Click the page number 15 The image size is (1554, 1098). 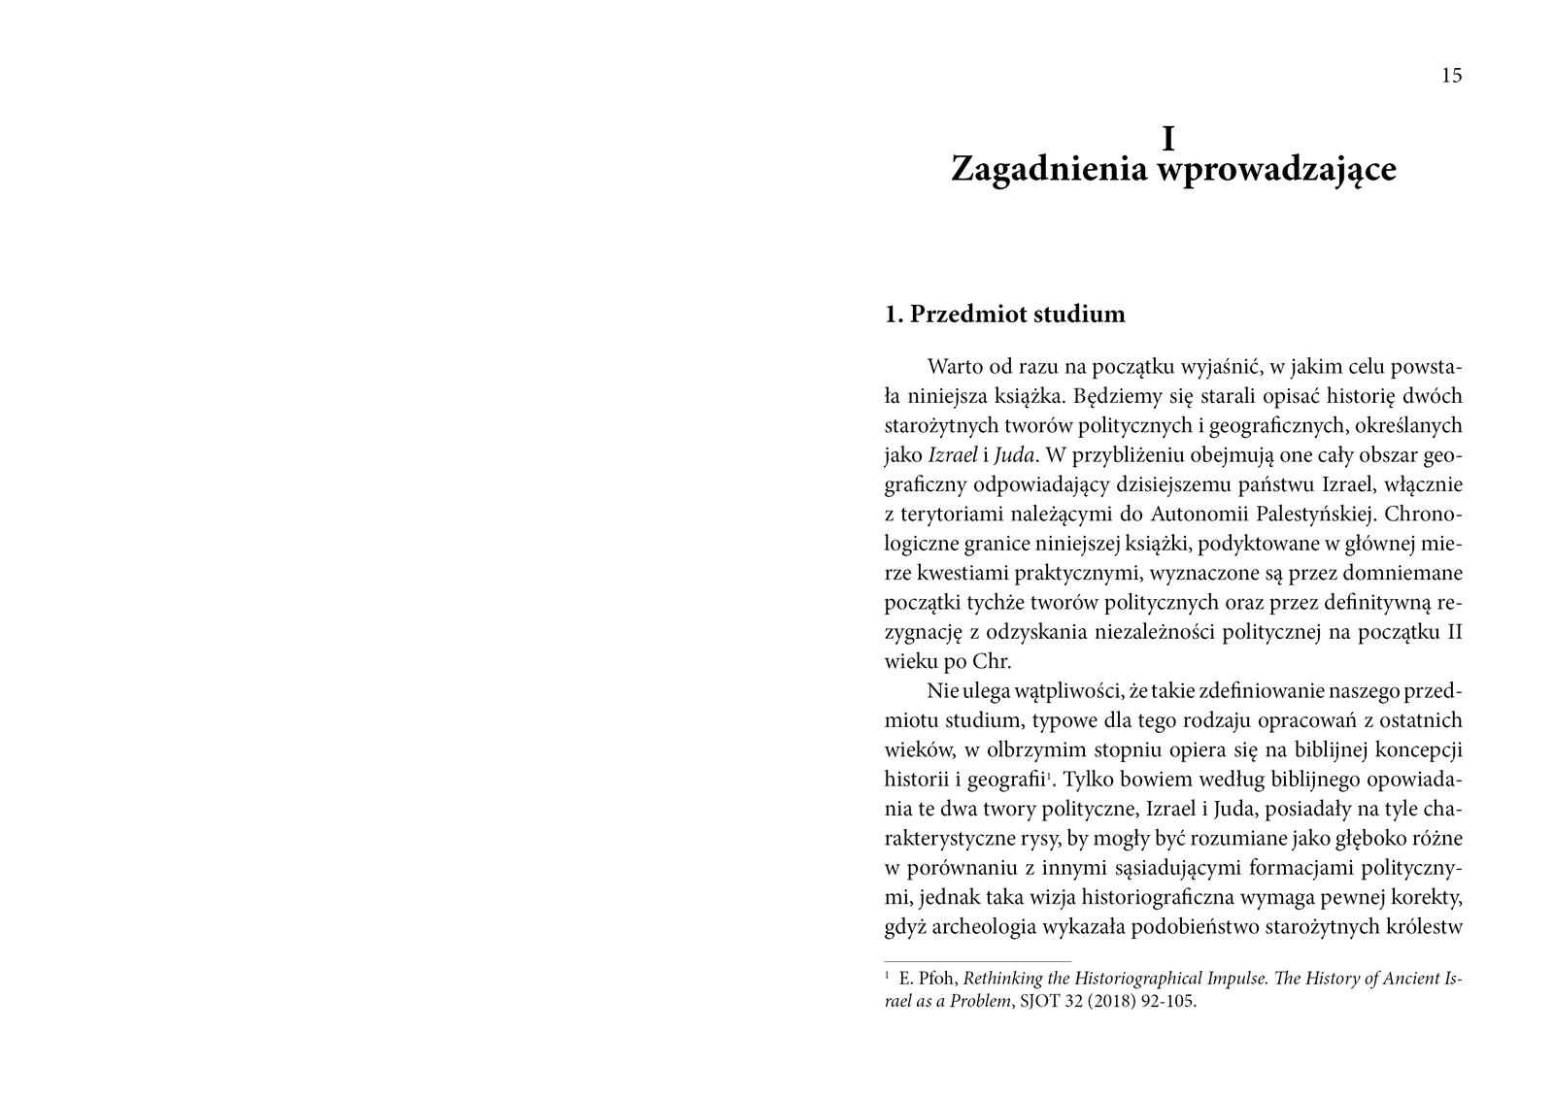click(x=1451, y=76)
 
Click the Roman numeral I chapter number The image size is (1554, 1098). click(x=1168, y=140)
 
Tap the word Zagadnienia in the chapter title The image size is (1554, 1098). click(x=1047, y=169)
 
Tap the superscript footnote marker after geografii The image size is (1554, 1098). click(x=1049, y=775)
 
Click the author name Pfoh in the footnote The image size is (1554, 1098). click(x=939, y=979)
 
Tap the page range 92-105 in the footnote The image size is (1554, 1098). click(x=1173, y=1002)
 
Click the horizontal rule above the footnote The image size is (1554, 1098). click(x=978, y=960)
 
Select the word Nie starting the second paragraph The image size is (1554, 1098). click(x=942, y=690)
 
